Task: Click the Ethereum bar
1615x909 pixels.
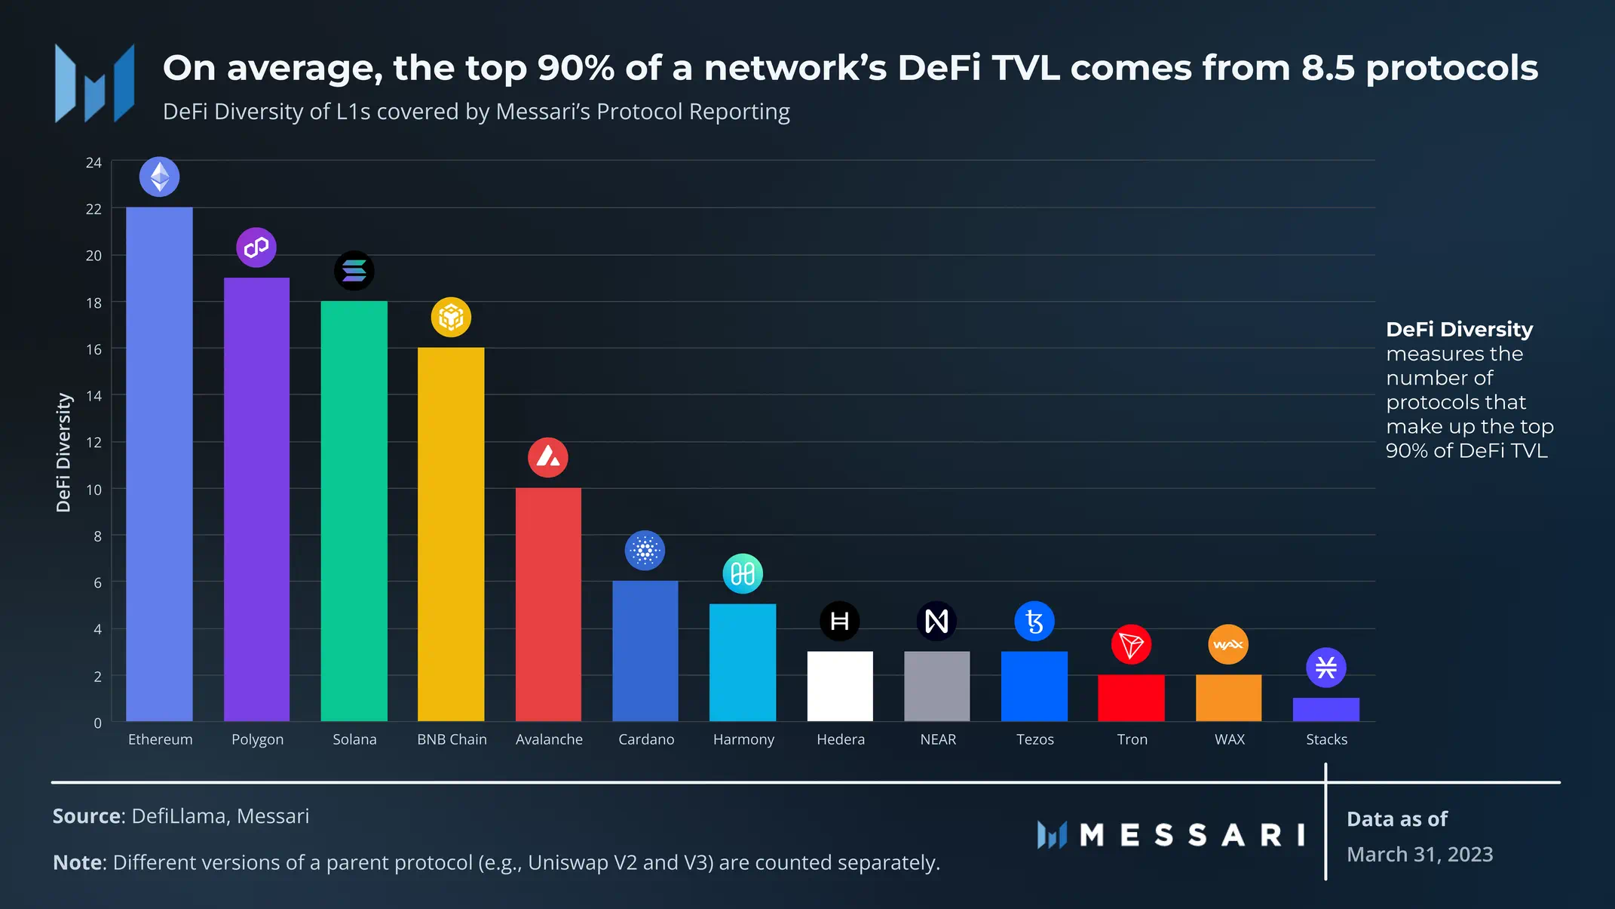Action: pyautogui.click(x=159, y=464)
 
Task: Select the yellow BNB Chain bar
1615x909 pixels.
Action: pyautogui.click(x=451, y=534)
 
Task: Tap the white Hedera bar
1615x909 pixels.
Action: pyautogui.click(x=840, y=686)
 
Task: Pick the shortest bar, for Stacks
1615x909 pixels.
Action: pyautogui.click(x=1325, y=709)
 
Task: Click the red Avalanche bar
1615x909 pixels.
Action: pyautogui.click(x=548, y=604)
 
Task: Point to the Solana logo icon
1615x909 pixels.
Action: pyautogui.click(x=354, y=271)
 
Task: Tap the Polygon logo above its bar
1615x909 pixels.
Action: pyautogui.click(x=256, y=247)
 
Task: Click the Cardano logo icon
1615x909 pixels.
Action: pyautogui.click(x=645, y=551)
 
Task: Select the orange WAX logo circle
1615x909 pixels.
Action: pyautogui.click(x=1228, y=644)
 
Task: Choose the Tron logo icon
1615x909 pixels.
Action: pyautogui.click(x=1131, y=645)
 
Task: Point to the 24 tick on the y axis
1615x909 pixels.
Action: pyautogui.click(x=93, y=163)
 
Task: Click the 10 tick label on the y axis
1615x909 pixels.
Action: pyautogui.click(x=93, y=490)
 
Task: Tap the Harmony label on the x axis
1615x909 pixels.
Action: pyautogui.click(x=743, y=739)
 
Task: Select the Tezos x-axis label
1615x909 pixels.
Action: pyautogui.click(x=1034, y=739)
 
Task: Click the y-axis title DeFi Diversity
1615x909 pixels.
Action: pyautogui.click(x=63, y=453)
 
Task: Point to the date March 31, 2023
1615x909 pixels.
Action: pyautogui.click(x=1420, y=854)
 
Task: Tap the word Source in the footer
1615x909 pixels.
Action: pyautogui.click(x=86, y=816)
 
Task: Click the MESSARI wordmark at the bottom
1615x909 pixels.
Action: pyautogui.click(x=1191, y=835)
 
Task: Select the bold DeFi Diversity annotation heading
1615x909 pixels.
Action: pyautogui.click(x=1459, y=330)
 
